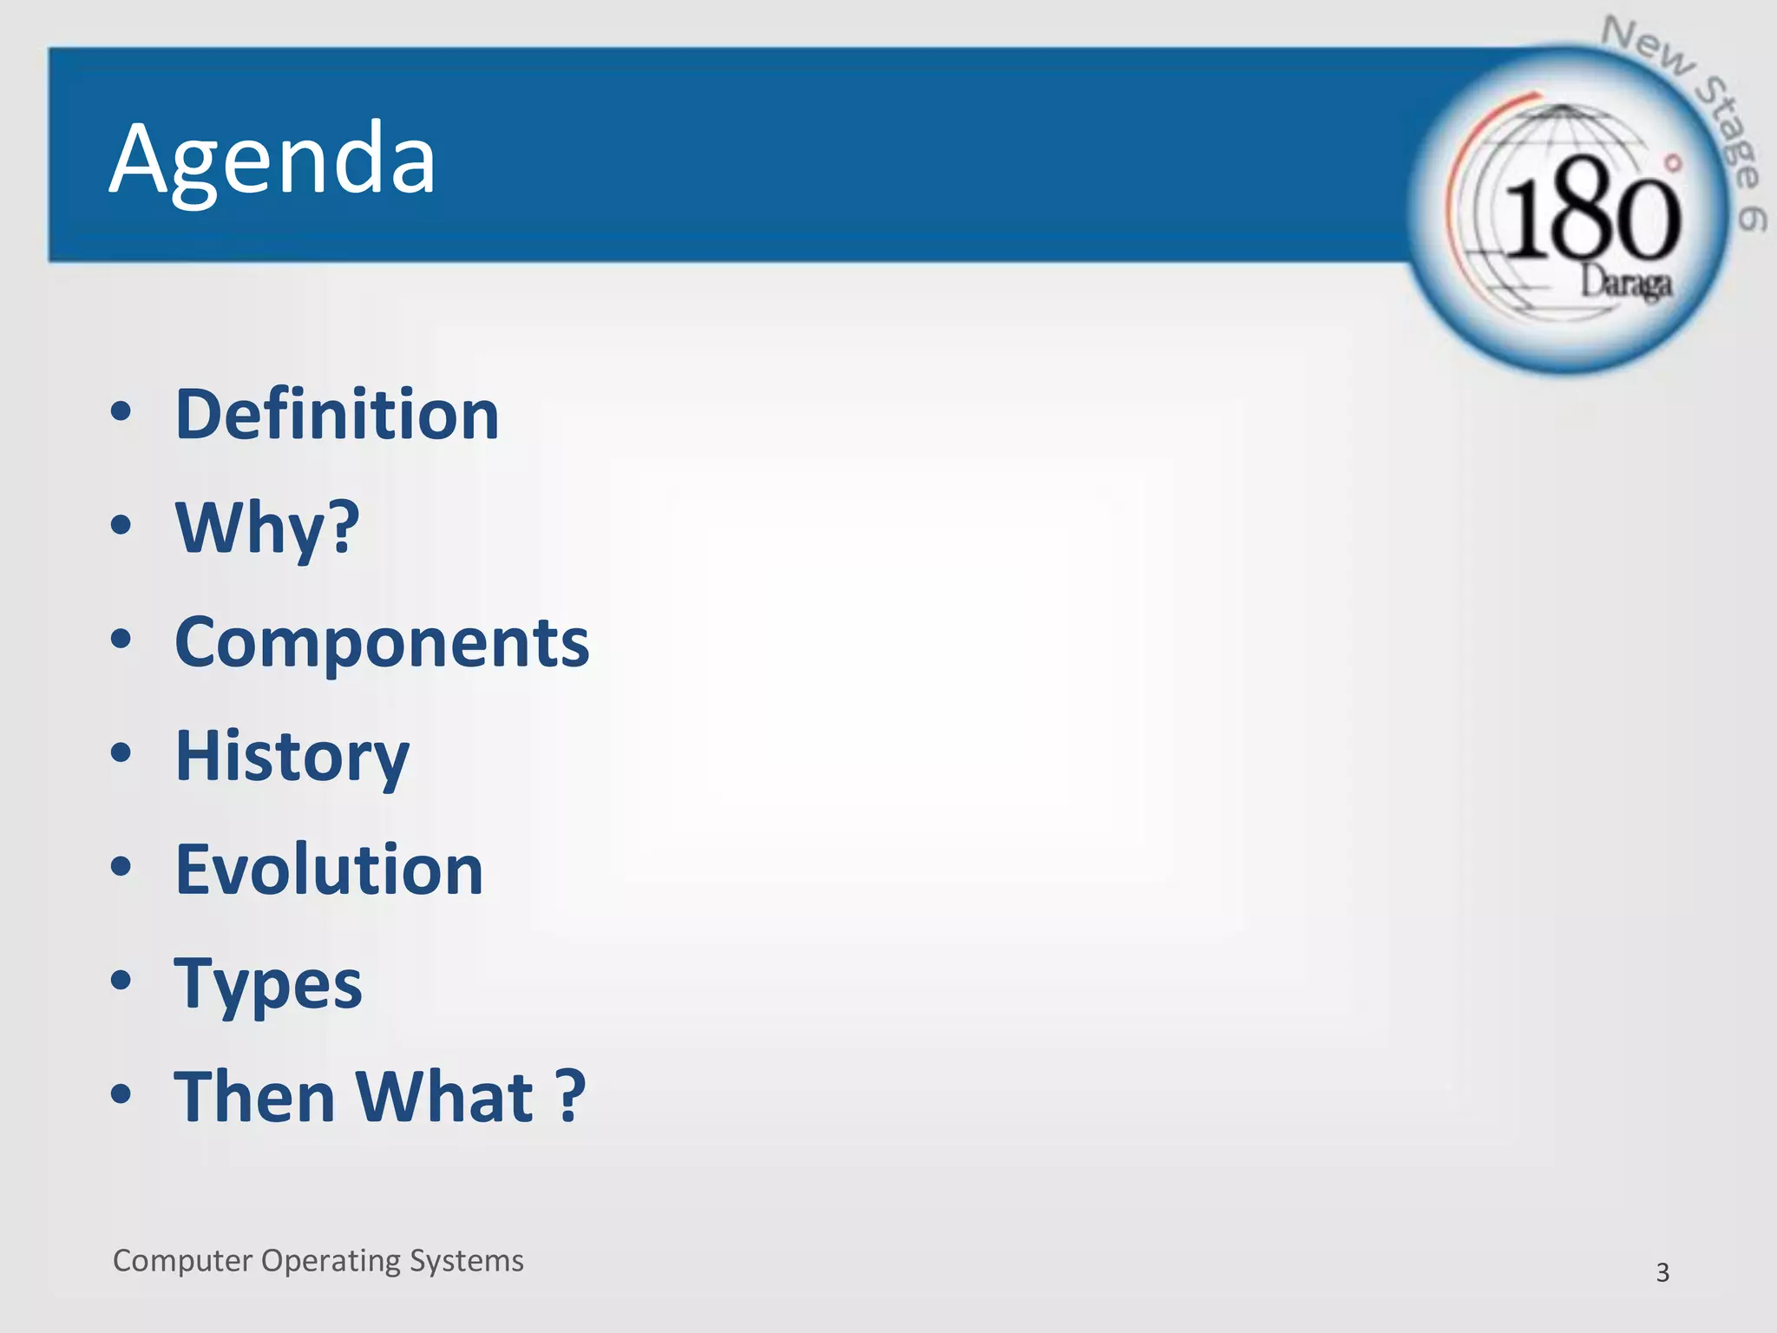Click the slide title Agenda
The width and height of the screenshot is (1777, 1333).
tap(272, 160)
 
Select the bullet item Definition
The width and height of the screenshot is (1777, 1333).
tap(337, 415)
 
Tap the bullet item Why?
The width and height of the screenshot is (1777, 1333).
tap(267, 528)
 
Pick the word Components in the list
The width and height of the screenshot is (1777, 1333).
tap(382, 642)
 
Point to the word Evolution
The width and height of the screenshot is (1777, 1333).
tap(329, 870)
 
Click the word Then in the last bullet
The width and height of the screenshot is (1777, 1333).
tap(254, 1097)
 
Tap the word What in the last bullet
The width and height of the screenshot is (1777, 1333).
tap(444, 1097)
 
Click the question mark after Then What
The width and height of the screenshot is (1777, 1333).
tap(570, 1097)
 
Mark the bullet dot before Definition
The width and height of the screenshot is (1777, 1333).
tap(121, 411)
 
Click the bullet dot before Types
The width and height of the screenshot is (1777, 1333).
tap(121, 981)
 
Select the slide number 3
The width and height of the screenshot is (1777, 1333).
tap(1662, 1272)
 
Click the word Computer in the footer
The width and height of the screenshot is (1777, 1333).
tap(182, 1261)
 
